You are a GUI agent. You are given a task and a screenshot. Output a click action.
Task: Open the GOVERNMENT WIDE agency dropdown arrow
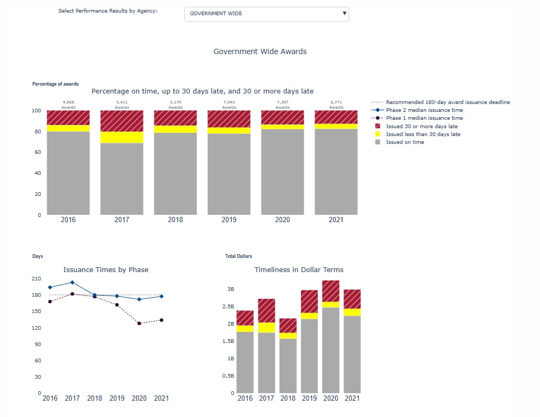pyautogui.click(x=344, y=14)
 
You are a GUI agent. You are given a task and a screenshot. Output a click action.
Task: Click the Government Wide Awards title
pyautogui.click(x=260, y=51)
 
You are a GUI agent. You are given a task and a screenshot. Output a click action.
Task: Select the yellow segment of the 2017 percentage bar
pyautogui.click(x=122, y=137)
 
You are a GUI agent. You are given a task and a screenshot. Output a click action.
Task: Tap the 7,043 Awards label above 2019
pyautogui.click(x=229, y=105)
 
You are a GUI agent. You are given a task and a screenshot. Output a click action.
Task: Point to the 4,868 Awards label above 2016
pyautogui.click(x=68, y=105)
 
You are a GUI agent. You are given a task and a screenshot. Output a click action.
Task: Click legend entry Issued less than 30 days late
pyautogui.click(x=423, y=134)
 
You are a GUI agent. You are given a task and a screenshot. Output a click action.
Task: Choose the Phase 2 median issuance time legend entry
pyautogui.click(x=424, y=110)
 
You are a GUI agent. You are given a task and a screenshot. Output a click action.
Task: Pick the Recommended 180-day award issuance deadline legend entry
pyautogui.click(x=448, y=102)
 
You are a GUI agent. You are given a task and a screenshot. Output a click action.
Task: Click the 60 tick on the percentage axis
pyautogui.click(x=37, y=152)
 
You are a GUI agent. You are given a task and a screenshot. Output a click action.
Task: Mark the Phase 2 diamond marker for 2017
pyautogui.click(x=72, y=283)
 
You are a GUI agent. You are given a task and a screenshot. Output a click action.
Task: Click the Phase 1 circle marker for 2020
pyautogui.click(x=139, y=324)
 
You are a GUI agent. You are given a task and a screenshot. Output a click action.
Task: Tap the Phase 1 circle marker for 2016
pyautogui.click(x=50, y=301)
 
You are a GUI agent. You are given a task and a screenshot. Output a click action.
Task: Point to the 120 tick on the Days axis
pyautogui.click(x=36, y=328)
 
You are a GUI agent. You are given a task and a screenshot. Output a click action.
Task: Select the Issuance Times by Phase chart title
pyautogui.click(x=106, y=270)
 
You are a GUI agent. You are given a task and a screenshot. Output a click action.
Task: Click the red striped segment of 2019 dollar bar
pyautogui.click(x=309, y=301)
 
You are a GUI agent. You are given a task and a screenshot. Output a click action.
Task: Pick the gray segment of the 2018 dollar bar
pyautogui.click(x=288, y=365)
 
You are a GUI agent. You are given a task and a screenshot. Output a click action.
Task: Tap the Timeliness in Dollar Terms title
pyautogui.click(x=298, y=270)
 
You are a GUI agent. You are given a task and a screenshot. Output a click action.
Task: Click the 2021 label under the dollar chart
pyautogui.click(x=352, y=399)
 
